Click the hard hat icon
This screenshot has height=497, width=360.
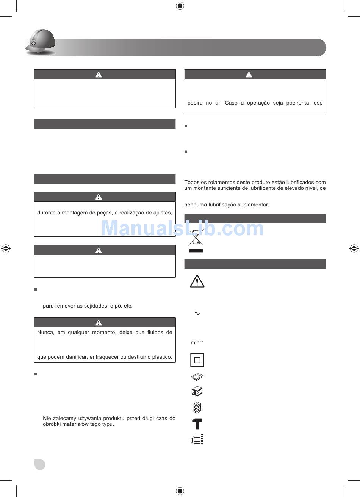tap(40, 42)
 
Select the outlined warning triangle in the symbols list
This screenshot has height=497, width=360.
tap(197, 281)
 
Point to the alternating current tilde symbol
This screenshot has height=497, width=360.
tap(197, 313)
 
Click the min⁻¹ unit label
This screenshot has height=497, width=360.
tap(197, 342)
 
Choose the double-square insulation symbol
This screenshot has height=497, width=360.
tap(197, 360)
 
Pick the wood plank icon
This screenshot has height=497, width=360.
tap(197, 377)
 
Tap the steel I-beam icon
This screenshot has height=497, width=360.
tap(197, 392)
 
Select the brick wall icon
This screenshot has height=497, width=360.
tap(197, 408)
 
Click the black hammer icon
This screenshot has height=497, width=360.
tap(197, 424)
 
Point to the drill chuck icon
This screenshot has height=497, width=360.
tap(197, 440)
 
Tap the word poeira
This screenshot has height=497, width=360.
tap(195, 103)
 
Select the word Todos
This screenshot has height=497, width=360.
tap(191, 182)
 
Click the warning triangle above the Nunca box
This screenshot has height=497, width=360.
tap(98, 323)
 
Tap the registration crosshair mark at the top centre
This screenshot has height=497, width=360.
tap(180, 6)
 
